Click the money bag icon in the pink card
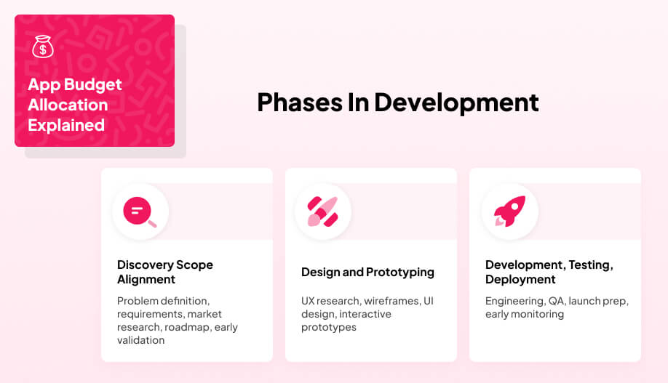[x=43, y=48]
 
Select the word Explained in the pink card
[x=66, y=125]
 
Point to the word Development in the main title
[x=456, y=102]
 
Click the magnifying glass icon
[x=140, y=212]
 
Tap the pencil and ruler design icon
[x=323, y=212]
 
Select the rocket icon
[x=509, y=211]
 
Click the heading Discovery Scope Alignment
[x=165, y=272]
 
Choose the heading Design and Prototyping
[x=367, y=272]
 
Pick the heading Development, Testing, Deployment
[x=549, y=272]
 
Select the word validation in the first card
[x=140, y=340]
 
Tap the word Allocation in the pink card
[x=68, y=105]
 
